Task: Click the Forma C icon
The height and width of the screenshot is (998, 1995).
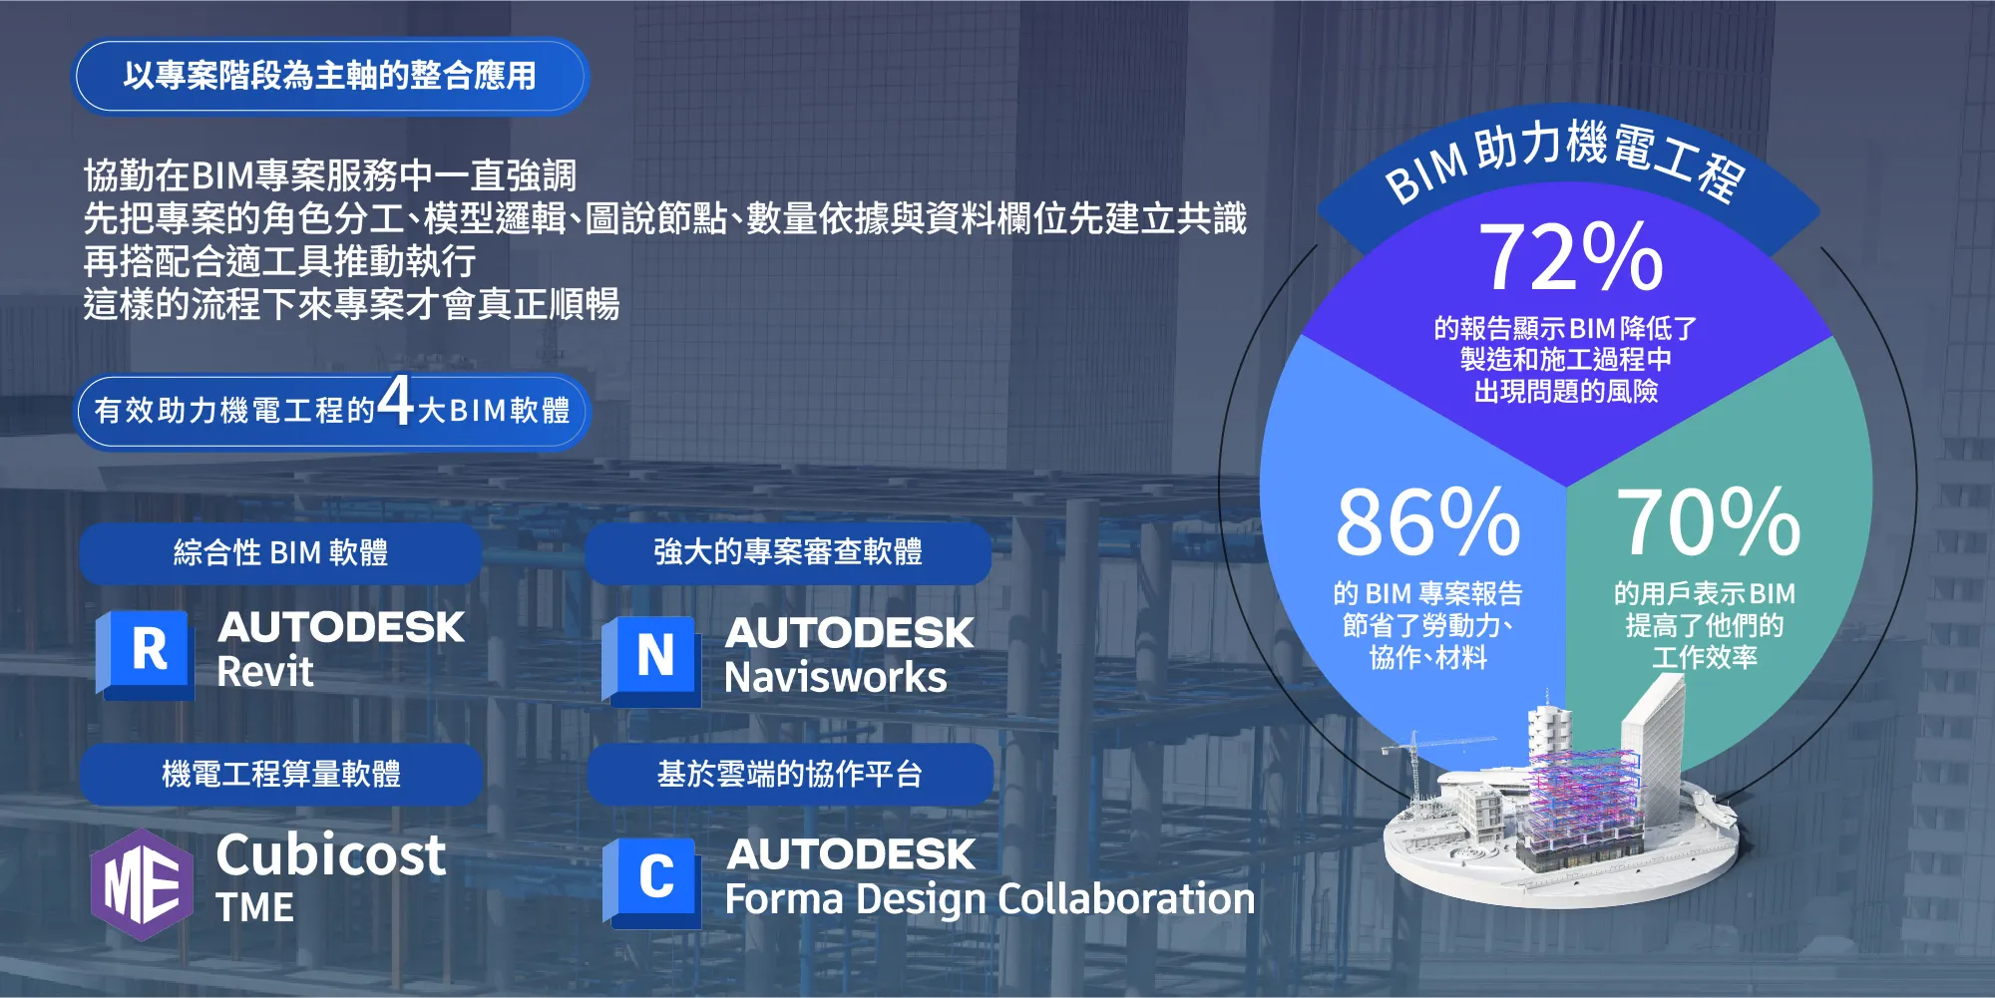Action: tap(652, 879)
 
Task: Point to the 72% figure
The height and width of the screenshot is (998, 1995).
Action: tap(1570, 257)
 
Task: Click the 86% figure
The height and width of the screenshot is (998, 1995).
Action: tap(1427, 521)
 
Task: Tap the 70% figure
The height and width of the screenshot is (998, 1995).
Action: tap(1708, 521)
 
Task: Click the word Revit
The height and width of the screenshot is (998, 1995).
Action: tap(265, 672)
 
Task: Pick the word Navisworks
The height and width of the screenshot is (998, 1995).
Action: tap(836, 678)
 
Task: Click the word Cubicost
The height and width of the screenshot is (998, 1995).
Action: tap(331, 855)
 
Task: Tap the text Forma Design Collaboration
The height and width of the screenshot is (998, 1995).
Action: tap(990, 899)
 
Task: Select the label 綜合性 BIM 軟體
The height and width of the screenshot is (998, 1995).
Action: tap(280, 552)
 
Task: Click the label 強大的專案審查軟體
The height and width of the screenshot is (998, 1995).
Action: tap(788, 551)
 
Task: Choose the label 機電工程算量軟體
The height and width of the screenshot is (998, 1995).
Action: tap(281, 774)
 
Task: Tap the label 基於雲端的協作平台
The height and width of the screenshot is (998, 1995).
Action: tap(789, 774)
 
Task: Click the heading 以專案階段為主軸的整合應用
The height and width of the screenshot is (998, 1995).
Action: tap(330, 76)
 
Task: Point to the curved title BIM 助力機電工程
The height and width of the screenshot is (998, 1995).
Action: tap(1566, 160)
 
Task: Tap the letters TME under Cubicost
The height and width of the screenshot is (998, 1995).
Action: tap(255, 908)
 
